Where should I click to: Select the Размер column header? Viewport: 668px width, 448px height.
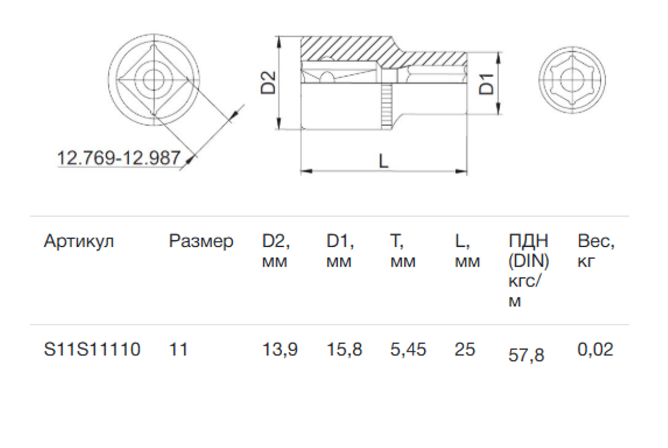[201, 242]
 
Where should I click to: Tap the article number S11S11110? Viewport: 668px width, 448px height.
[92, 350]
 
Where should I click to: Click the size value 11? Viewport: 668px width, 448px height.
[178, 350]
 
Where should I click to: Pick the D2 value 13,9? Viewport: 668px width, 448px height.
[280, 350]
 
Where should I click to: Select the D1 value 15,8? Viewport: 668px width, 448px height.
[344, 350]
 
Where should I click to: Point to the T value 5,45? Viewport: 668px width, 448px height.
[408, 350]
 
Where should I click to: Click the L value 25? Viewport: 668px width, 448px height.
[465, 350]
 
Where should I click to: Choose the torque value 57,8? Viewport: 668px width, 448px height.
[526, 355]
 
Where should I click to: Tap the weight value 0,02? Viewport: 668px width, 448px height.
[595, 350]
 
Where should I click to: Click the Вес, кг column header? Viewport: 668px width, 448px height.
[596, 250]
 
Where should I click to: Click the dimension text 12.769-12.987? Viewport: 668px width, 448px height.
[119, 158]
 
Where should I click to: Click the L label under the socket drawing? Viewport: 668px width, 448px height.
[383, 161]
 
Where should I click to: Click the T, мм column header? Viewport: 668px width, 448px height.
[403, 250]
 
